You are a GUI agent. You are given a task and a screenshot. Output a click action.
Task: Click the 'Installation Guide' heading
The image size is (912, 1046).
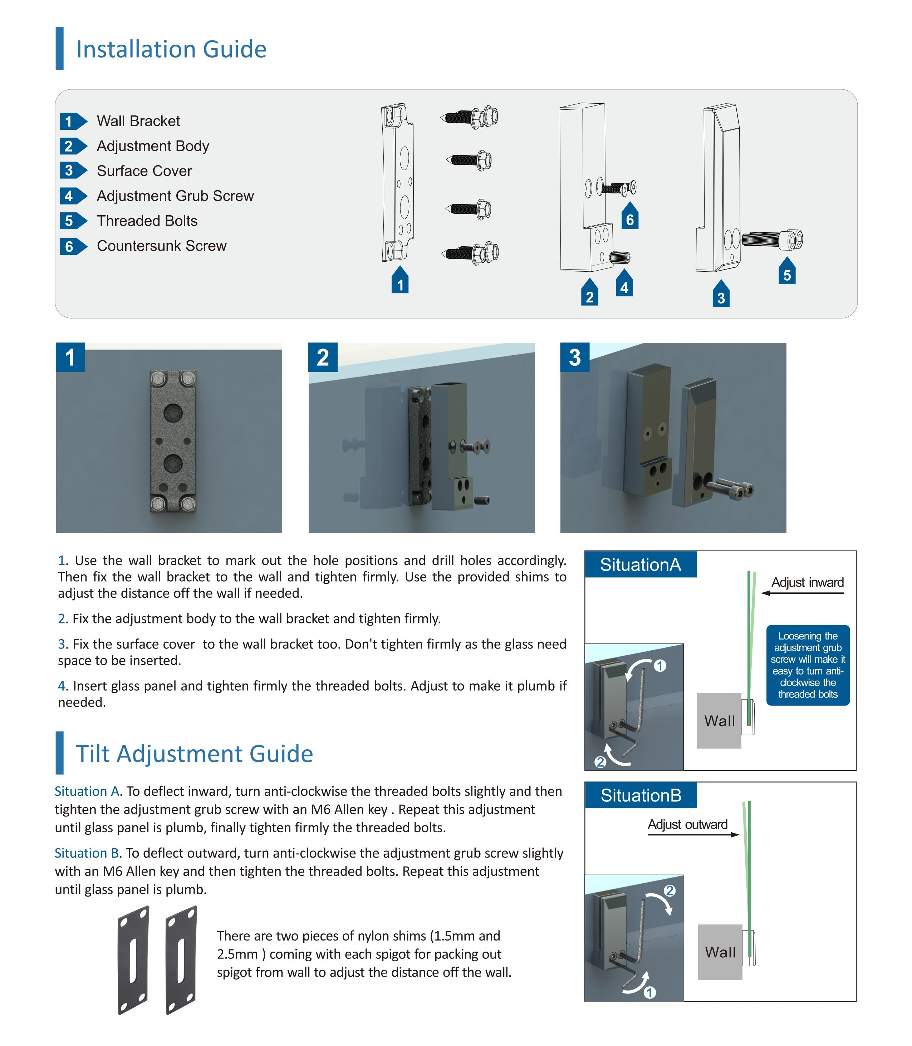coord(171,49)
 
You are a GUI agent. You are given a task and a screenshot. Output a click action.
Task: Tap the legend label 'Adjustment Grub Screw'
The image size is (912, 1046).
coord(175,196)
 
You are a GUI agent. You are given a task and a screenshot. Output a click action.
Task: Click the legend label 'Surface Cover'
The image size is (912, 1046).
coord(144,171)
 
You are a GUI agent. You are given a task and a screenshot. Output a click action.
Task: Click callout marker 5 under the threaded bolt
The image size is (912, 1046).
coord(787,274)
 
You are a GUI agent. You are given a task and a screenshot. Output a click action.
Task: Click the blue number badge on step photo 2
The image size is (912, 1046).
coord(323,357)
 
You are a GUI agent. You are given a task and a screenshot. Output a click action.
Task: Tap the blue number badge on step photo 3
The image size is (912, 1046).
coord(575,357)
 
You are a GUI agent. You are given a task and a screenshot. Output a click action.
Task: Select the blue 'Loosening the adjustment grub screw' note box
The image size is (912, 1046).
coord(808,665)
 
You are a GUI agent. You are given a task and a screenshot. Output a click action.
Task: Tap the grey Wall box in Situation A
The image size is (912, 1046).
coord(719,720)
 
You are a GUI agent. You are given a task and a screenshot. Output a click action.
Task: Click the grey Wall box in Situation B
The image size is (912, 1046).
coord(720,952)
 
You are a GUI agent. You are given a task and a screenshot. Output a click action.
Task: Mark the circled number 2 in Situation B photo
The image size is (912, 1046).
coord(670,890)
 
